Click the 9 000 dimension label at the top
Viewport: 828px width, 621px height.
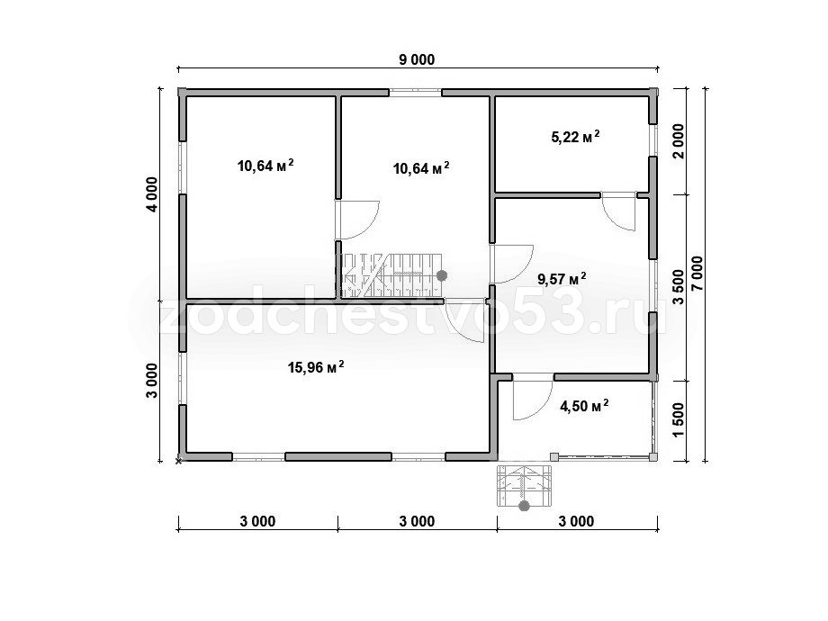417,59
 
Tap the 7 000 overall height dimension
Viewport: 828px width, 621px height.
697,273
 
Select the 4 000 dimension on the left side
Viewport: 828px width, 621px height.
152,194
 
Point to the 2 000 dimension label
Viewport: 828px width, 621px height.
678,141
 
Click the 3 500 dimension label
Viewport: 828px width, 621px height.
678,287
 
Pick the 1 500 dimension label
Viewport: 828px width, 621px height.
678,420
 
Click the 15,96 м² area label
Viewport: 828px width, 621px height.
316,366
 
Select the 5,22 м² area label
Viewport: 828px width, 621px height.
575,137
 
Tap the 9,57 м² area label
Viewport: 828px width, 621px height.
562,278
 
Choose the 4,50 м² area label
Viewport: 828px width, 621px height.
584,406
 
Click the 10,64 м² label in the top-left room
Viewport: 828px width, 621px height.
265,165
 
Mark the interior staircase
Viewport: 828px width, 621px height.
391,275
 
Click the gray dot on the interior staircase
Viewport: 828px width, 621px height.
442,275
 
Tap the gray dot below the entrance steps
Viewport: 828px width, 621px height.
524,507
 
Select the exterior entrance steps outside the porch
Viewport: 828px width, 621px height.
524,485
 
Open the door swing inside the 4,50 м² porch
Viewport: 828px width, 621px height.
532,400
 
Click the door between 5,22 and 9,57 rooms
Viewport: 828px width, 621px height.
618,211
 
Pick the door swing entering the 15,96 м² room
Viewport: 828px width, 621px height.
464,321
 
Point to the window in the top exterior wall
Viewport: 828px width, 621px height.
416,93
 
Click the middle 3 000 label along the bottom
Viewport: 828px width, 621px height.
418,521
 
